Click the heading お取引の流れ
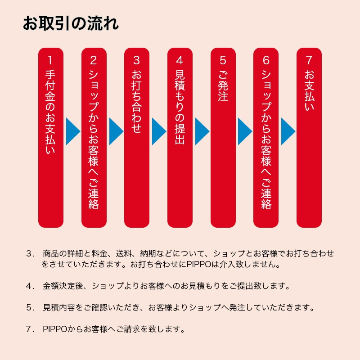click(x=71, y=23)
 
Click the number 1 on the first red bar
click(x=50, y=60)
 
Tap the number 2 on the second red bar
click(x=94, y=60)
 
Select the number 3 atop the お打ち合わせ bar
click(x=137, y=60)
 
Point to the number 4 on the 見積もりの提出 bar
click(x=180, y=60)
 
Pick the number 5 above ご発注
click(x=223, y=60)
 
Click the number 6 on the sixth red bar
click(x=266, y=60)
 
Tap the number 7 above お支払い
click(x=309, y=60)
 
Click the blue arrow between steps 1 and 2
click(x=73, y=131)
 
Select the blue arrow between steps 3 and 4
click(x=159, y=131)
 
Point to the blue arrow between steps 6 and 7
click(x=288, y=131)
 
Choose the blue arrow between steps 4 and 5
click(x=202, y=131)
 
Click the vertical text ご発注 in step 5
click(x=223, y=85)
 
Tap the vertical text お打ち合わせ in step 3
click(x=137, y=101)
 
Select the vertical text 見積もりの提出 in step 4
click(x=180, y=107)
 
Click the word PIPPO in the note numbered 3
click(x=199, y=264)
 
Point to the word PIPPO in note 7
click(x=55, y=329)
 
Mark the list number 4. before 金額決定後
click(x=30, y=286)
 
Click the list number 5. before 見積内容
click(x=30, y=307)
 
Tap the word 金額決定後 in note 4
click(x=63, y=286)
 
